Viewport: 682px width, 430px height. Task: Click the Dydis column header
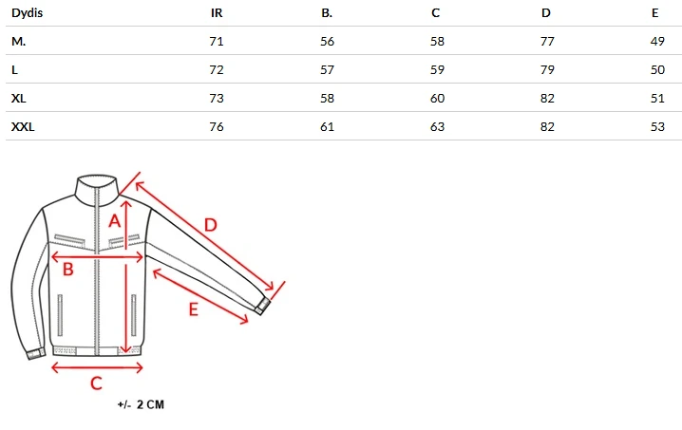click(x=27, y=13)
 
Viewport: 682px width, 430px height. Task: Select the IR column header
click(x=217, y=13)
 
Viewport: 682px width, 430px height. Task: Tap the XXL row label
click(x=23, y=126)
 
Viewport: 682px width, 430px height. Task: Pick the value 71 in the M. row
click(x=217, y=42)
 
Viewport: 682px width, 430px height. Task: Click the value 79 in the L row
click(x=547, y=69)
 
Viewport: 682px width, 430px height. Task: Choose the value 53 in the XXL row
click(x=657, y=126)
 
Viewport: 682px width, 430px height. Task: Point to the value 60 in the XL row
click(x=437, y=99)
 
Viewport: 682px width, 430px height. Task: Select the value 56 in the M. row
click(x=327, y=42)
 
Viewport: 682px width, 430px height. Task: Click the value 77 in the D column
click(x=547, y=42)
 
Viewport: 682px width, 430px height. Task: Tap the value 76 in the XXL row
click(x=217, y=126)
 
